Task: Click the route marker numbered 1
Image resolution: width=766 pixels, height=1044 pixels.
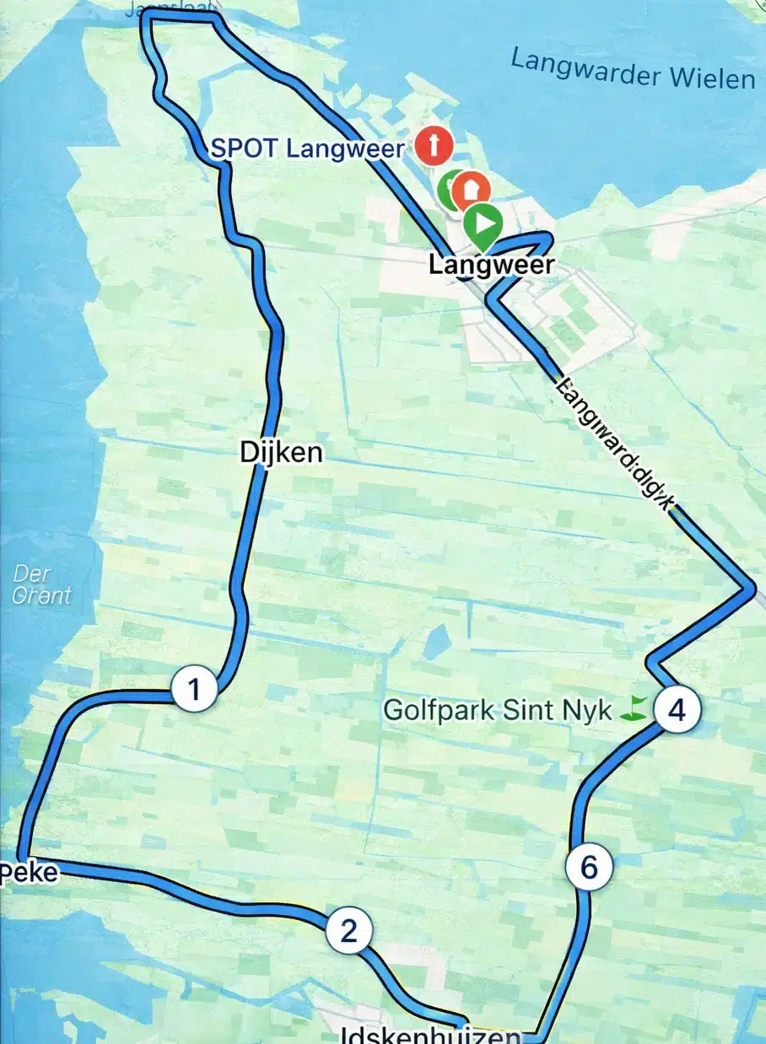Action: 195,690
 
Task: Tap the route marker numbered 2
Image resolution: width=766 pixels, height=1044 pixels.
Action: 348,931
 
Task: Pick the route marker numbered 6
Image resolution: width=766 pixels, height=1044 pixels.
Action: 589,867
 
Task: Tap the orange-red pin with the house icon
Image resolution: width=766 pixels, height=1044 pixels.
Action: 471,190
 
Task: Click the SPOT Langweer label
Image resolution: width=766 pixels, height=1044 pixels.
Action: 307,149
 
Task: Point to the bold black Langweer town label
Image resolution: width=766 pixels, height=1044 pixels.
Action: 492,265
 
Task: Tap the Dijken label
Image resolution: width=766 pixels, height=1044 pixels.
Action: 281,453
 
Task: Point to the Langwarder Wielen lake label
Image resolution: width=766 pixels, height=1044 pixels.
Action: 633,70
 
